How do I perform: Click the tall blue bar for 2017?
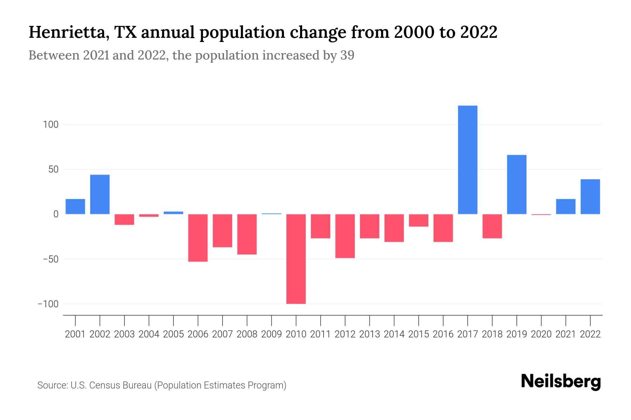point(468,160)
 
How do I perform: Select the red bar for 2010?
point(296,259)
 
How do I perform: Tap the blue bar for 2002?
point(100,194)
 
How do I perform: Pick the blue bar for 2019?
point(517,184)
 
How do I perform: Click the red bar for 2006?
point(198,238)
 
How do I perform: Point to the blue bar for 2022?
point(590,197)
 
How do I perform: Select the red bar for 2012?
point(345,236)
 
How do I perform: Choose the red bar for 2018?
point(492,226)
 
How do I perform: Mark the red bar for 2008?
point(247,234)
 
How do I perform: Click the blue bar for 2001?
point(75,206)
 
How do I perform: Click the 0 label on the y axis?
point(56,214)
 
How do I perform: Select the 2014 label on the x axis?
point(394,334)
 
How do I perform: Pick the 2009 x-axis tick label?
point(272,334)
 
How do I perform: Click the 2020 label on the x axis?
point(541,334)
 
